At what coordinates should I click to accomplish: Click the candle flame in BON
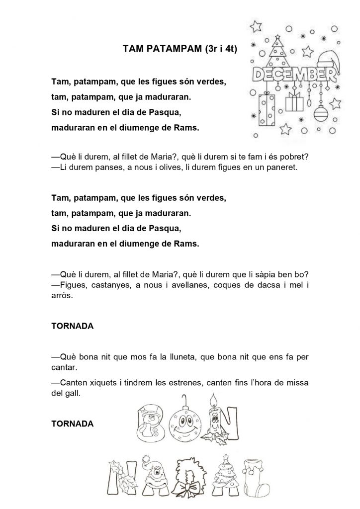(214, 400)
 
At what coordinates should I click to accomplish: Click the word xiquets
(104, 382)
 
